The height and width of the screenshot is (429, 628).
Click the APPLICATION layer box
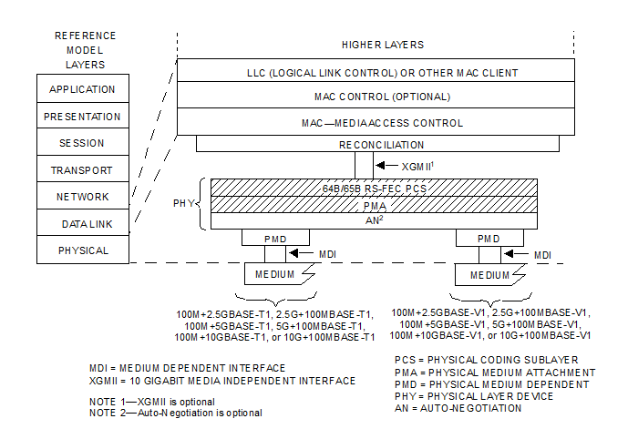click(x=83, y=89)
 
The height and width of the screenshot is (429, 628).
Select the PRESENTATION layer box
click(x=83, y=117)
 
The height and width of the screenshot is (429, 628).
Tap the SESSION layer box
click(x=83, y=143)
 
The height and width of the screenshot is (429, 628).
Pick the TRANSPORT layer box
click(x=83, y=170)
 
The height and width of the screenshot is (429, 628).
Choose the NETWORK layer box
click(x=83, y=197)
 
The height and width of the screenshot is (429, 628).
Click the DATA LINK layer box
click(x=83, y=223)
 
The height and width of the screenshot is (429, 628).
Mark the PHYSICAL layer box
click(x=83, y=250)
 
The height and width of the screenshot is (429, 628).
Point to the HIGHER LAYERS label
click(x=382, y=45)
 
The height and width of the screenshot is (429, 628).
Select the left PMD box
click(x=264, y=238)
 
